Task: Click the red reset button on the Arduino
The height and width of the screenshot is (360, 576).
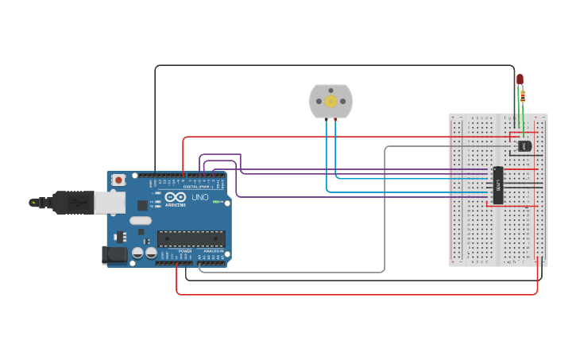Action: click(118, 180)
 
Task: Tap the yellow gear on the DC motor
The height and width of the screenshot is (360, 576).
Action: click(331, 101)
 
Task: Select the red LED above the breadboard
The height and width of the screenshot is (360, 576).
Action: click(520, 79)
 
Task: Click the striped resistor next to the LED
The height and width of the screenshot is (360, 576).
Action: click(523, 96)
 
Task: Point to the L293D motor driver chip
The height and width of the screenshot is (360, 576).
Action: click(497, 185)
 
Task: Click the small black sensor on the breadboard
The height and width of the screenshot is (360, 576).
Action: click(524, 145)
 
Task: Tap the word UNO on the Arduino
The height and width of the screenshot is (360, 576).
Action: click(199, 197)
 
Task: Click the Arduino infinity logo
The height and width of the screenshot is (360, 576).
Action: click(176, 196)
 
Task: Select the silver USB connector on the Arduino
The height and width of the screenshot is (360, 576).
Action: click(109, 203)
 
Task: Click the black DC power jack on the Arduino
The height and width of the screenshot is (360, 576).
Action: click(114, 255)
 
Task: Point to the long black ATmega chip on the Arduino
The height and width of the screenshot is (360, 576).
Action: click(191, 238)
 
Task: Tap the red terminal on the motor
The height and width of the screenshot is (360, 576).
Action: click(335, 118)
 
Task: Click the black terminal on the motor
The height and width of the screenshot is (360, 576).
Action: click(326, 118)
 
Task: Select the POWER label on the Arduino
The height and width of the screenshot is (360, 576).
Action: click(184, 251)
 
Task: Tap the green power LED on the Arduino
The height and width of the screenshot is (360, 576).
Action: click(215, 201)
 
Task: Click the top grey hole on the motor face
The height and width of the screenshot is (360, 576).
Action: click(331, 89)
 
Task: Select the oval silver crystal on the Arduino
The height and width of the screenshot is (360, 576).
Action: click(141, 220)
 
